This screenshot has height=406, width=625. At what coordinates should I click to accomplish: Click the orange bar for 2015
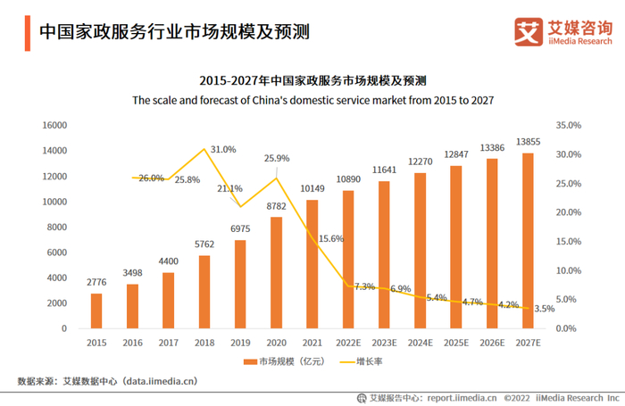coord(96,311)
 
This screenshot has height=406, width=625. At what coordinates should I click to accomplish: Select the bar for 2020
coord(277,272)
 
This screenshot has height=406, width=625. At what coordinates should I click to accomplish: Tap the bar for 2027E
coord(528,241)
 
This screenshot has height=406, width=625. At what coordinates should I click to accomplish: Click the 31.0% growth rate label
coord(223,150)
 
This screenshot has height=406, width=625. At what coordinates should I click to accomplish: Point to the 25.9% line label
coord(277,158)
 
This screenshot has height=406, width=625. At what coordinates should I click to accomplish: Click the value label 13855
coord(528,143)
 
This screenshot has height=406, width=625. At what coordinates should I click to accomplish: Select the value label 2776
coord(96,283)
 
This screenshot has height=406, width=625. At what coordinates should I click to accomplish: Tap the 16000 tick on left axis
coord(55,125)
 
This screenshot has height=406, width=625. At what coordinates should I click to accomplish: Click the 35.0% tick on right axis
coord(568,125)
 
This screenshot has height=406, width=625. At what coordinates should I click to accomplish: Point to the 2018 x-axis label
coord(204,342)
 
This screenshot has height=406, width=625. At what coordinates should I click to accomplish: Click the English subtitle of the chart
coord(312,100)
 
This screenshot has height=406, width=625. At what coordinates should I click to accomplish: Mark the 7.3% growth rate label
coord(364,286)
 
